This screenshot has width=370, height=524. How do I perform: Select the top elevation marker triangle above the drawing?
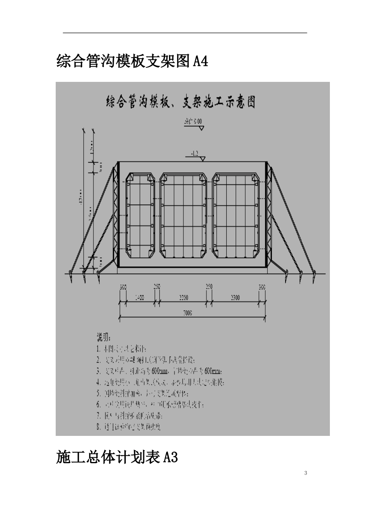click(x=201, y=128)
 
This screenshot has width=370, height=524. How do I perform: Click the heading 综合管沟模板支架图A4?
click(x=132, y=61)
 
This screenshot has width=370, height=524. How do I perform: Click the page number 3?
click(x=305, y=473)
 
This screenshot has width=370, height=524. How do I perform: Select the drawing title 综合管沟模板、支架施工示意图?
click(x=181, y=102)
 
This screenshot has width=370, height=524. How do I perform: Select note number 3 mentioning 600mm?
click(x=160, y=370)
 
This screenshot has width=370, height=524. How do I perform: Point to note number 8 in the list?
click(x=129, y=427)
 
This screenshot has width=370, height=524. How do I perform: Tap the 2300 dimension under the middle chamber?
click(x=183, y=298)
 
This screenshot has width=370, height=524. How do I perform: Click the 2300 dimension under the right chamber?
click(x=235, y=298)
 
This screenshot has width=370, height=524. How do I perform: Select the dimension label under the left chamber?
click(x=139, y=298)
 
